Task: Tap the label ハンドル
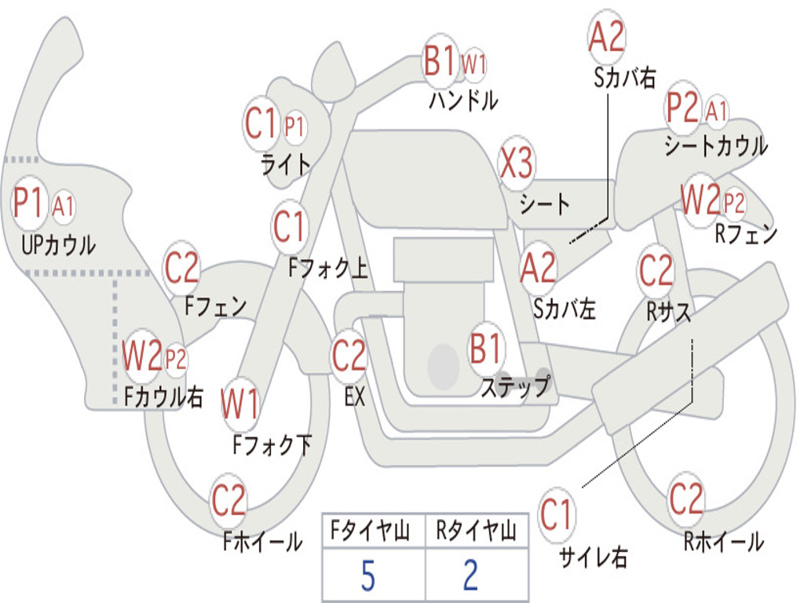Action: [463, 100]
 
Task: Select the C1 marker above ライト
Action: [261, 124]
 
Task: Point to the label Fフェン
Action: [216, 306]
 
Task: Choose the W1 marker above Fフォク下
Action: [239, 404]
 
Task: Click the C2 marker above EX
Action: [349, 356]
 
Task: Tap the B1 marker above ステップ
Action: [486, 349]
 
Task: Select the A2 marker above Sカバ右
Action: [606, 37]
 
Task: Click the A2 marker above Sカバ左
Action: [539, 267]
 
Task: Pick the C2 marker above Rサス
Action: [656, 271]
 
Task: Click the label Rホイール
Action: [723, 542]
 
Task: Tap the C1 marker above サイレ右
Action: [556, 516]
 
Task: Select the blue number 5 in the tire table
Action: [367, 576]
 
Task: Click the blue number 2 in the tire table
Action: [470, 576]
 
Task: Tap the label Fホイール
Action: [262, 542]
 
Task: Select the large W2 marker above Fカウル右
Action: [142, 356]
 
